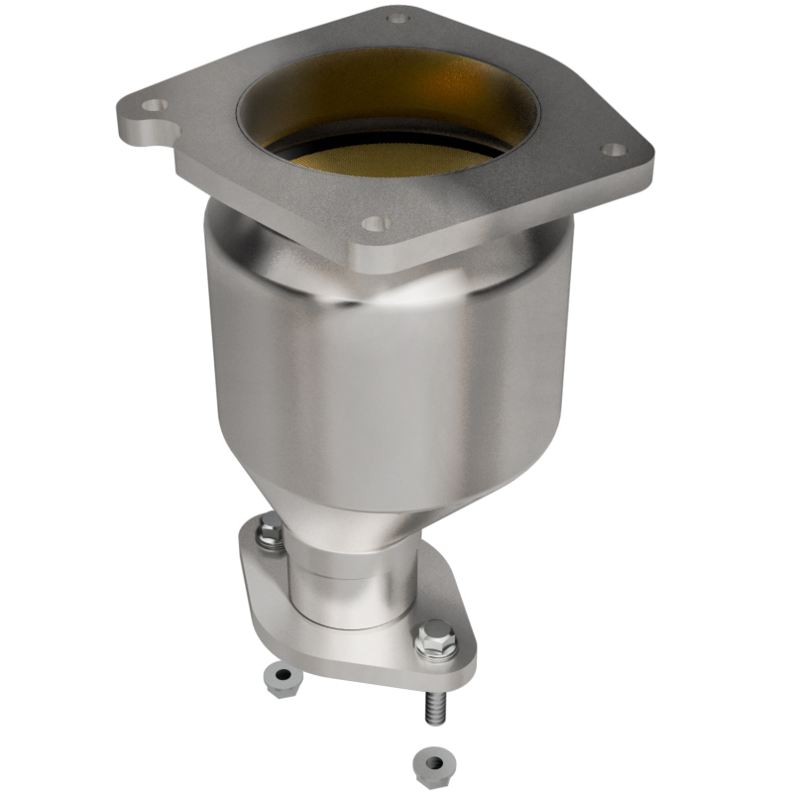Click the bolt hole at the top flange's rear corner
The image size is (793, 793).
point(397,17)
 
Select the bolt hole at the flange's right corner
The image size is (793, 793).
point(615,150)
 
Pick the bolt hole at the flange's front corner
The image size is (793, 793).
point(374,223)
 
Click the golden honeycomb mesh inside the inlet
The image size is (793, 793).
point(396,160)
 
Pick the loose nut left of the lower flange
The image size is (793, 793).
point(283,679)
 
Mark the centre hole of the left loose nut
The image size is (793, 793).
point(283,676)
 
